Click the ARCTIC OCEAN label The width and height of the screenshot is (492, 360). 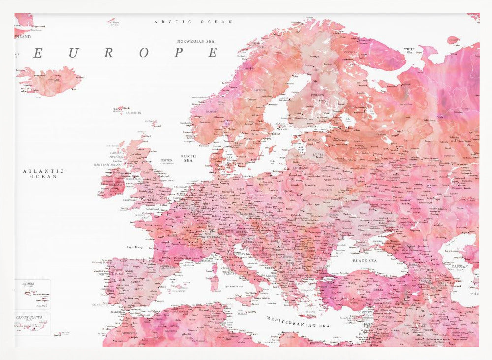pyautogui.click(x=193, y=22)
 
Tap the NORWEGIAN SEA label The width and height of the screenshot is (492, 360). pyautogui.click(x=197, y=42)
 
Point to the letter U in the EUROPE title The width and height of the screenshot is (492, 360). pyautogui.click(x=73, y=53)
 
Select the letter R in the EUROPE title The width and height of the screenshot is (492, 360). pyautogui.click(x=108, y=53)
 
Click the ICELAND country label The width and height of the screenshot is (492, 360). pyautogui.click(x=54, y=80)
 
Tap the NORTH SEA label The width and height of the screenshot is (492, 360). pyautogui.click(x=188, y=158)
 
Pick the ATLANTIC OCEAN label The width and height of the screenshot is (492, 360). pyautogui.click(x=43, y=173)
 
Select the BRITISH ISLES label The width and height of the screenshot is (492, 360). pyautogui.click(x=108, y=165)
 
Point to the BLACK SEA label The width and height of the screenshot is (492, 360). pyautogui.click(x=365, y=260)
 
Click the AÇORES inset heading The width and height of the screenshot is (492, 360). pyautogui.click(x=28, y=284)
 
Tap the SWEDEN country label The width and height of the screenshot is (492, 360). pyautogui.click(x=260, y=90)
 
